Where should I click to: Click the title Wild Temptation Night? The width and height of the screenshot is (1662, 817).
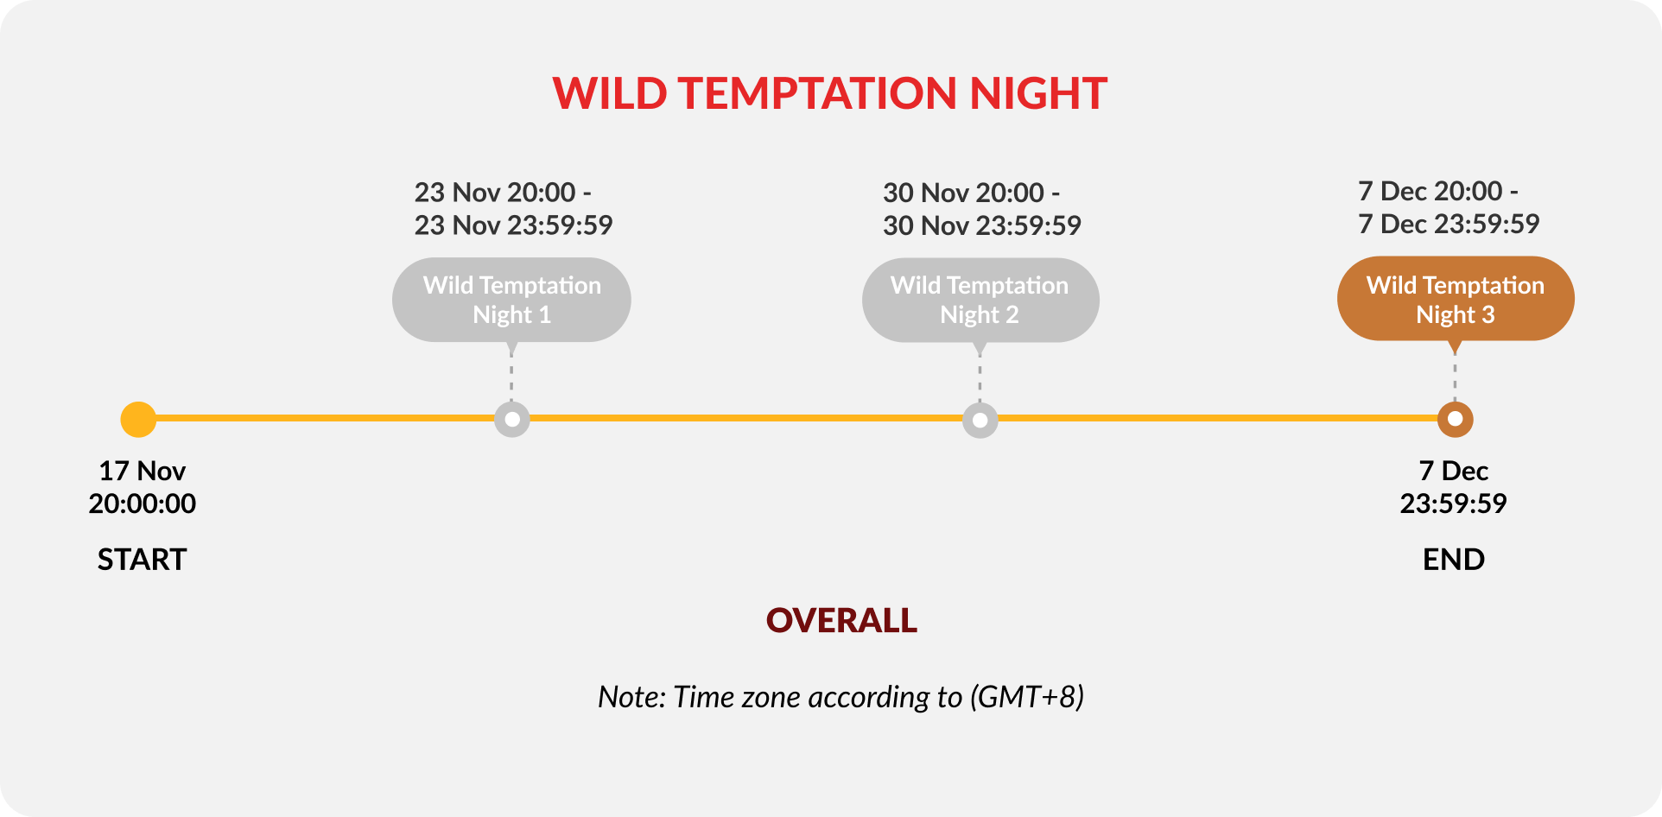(829, 93)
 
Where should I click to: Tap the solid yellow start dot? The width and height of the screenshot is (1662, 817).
(138, 420)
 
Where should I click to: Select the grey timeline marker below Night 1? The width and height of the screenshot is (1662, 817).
(512, 420)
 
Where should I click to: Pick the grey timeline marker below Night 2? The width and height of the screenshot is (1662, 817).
(980, 420)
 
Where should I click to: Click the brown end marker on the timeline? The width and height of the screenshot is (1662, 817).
(1456, 420)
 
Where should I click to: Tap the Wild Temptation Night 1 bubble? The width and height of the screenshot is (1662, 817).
(511, 300)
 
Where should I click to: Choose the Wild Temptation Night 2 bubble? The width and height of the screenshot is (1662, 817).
(980, 300)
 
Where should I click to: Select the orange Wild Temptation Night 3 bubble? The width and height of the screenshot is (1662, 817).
(1456, 299)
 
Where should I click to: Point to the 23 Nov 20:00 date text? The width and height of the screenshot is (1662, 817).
(495, 192)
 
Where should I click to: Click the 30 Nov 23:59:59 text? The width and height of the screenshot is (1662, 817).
(982, 225)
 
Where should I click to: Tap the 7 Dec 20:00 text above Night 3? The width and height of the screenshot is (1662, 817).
(1430, 191)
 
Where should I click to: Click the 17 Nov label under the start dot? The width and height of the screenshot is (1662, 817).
(142, 471)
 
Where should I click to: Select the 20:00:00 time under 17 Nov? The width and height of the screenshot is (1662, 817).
(142, 503)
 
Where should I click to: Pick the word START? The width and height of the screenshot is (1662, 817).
(142, 560)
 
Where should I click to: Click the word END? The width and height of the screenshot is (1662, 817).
(1454, 560)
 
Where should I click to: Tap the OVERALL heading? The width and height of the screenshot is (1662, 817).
(842, 620)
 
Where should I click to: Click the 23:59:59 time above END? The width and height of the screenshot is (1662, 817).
(1454, 503)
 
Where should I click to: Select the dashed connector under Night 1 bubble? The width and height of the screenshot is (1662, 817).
(511, 377)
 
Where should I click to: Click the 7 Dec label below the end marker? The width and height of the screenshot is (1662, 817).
(1454, 471)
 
